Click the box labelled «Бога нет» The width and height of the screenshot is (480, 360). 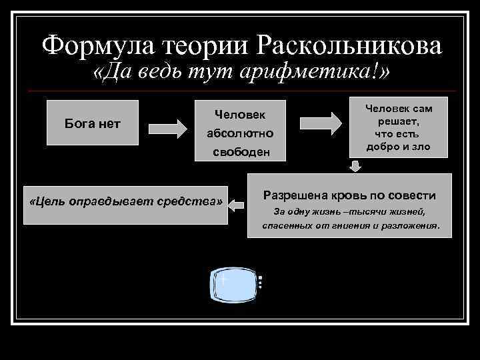[x=92, y=122]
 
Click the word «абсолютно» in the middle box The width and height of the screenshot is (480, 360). [x=240, y=133]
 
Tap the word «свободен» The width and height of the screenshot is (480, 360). [x=241, y=151]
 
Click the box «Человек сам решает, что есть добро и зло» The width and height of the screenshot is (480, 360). [x=398, y=127]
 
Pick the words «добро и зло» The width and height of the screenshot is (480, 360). [x=398, y=147]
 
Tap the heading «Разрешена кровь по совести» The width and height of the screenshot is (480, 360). [x=349, y=196]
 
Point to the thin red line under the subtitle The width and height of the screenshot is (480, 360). [x=240, y=91]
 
